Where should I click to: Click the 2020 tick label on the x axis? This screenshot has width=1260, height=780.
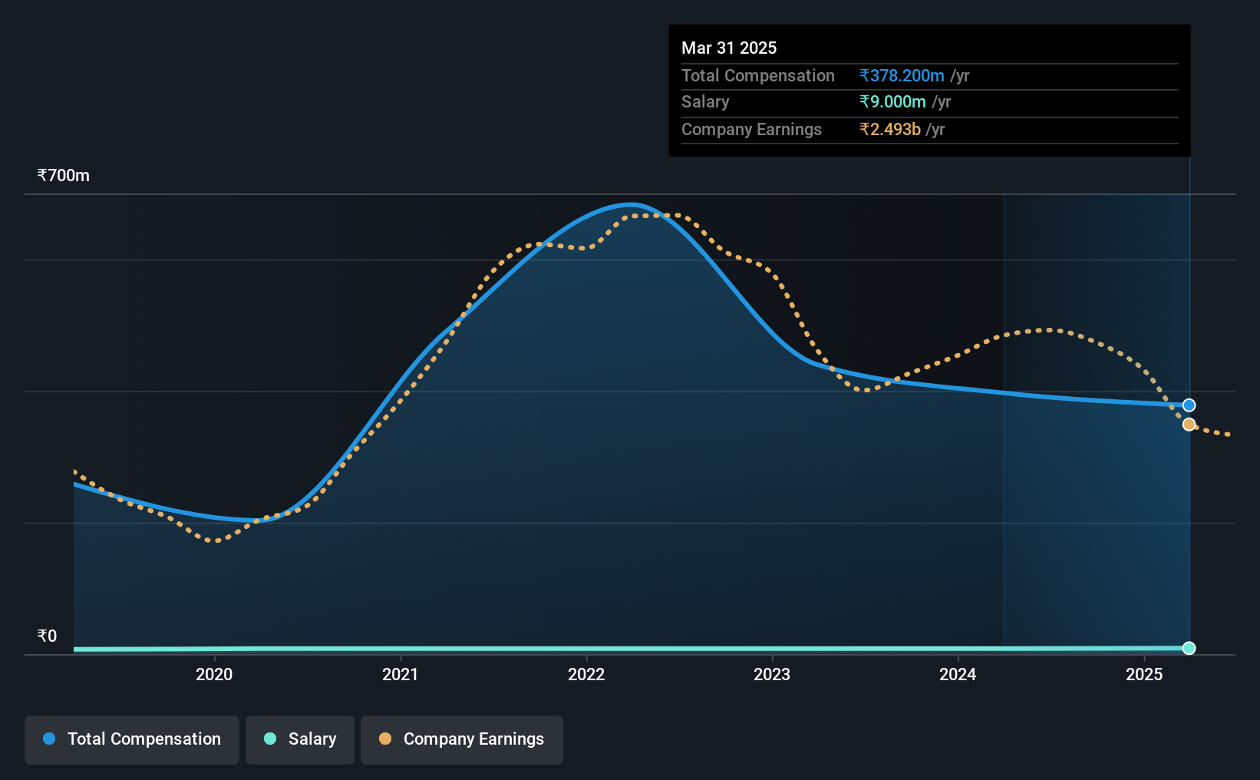(x=214, y=674)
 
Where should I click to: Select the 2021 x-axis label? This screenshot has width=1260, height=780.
(x=400, y=674)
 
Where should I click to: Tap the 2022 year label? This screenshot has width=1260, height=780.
(x=586, y=674)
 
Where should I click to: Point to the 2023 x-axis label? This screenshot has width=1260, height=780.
(x=772, y=674)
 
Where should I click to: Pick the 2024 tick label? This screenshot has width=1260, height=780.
(x=958, y=674)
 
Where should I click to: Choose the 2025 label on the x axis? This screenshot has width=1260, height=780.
(x=1144, y=674)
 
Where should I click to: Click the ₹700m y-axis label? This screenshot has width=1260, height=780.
(x=64, y=176)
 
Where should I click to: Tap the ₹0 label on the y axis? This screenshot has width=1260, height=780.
(x=48, y=636)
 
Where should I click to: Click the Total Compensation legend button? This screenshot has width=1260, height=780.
(x=132, y=739)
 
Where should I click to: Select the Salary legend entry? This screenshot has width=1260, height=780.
(x=300, y=739)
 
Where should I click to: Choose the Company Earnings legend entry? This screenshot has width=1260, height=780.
(x=462, y=739)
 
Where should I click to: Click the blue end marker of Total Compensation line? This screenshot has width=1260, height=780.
(x=1189, y=405)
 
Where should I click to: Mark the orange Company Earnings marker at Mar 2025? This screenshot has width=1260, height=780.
(x=1189, y=425)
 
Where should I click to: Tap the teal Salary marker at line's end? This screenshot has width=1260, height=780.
(x=1189, y=648)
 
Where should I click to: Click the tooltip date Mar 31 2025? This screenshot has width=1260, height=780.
(x=729, y=48)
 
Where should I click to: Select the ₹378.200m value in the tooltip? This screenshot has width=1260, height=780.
(x=902, y=75)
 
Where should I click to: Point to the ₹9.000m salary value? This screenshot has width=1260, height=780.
(x=892, y=102)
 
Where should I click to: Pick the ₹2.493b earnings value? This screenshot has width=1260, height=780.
(x=890, y=130)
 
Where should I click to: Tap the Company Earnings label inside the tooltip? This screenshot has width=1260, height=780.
(x=751, y=130)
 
